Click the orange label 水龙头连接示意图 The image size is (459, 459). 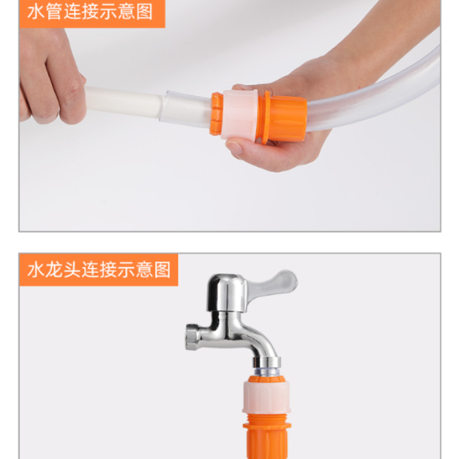99,270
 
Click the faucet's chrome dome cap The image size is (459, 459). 227,293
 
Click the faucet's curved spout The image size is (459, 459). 258,340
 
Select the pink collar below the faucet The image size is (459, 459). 266,397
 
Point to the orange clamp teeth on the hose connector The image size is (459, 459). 216,114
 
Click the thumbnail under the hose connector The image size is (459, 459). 234,147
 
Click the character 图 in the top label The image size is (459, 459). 145,12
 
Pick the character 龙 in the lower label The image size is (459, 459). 54,270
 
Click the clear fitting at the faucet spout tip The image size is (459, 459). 266,371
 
